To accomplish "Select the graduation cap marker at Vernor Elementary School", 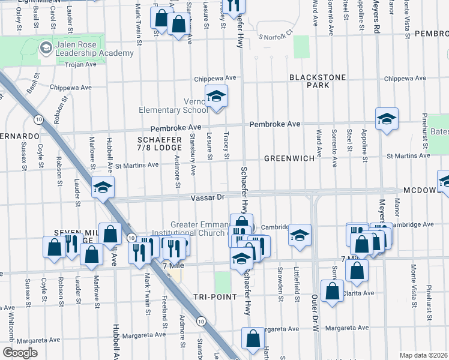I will pyautogui.click(x=216, y=96).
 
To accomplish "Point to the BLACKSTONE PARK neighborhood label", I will pyautogui.click(x=309, y=82).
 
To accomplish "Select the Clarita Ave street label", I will pyautogui.click(x=358, y=293).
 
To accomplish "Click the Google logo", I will pyautogui.click(x=20, y=353).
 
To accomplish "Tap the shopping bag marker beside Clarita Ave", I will pyautogui.click(x=332, y=291).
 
